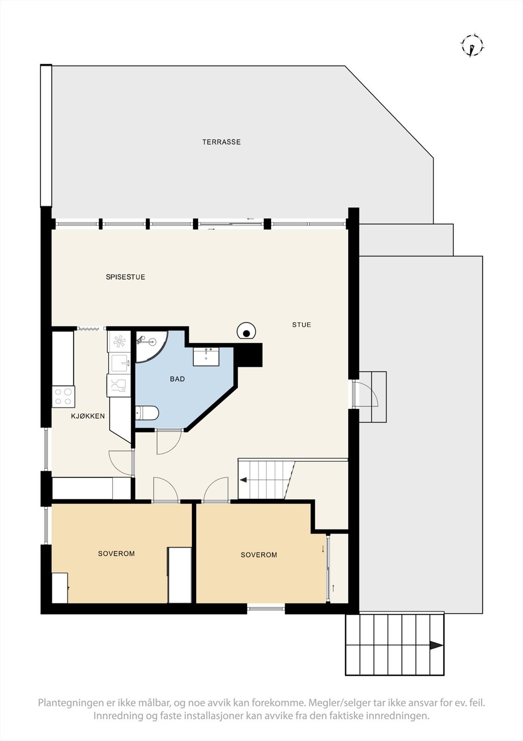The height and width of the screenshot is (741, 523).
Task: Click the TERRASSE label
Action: click(x=222, y=142)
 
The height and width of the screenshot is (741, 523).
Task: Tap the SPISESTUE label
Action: click(x=125, y=277)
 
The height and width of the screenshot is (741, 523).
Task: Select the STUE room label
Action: click(x=301, y=325)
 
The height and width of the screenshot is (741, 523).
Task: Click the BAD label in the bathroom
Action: click(x=177, y=379)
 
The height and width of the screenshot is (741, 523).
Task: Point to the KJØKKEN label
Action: click(x=87, y=416)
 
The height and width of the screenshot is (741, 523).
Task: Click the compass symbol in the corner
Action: click(x=472, y=46)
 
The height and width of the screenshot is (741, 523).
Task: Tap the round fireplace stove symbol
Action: click(x=247, y=332)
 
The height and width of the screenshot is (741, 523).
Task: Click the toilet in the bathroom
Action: click(x=147, y=412)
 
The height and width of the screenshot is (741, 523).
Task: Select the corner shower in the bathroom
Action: click(x=149, y=345)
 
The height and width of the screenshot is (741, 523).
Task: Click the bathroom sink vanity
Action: click(x=206, y=356)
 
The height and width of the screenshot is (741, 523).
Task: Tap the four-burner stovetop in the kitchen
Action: click(x=63, y=397)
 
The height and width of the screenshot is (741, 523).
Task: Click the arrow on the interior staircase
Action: click(x=243, y=480)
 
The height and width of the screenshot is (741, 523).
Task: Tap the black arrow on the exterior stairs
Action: click(x=435, y=645)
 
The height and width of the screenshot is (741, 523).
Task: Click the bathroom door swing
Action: click(x=168, y=442)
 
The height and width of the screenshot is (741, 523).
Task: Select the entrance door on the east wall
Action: click(x=365, y=394)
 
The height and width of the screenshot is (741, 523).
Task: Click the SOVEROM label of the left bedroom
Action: click(x=116, y=553)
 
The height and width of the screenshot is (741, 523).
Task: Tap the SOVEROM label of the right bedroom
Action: click(x=258, y=555)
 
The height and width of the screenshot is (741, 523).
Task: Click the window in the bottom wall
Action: click(x=266, y=608)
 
